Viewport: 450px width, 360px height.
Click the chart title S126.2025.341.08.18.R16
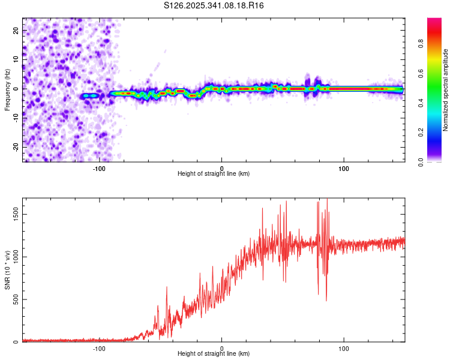click(x=214, y=5)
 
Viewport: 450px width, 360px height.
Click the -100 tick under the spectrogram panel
click(x=100, y=169)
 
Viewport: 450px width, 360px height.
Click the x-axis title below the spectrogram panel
click(x=214, y=174)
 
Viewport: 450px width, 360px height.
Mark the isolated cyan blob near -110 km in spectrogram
click(x=89, y=96)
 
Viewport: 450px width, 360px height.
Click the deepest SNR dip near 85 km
click(x=326, y=300)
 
